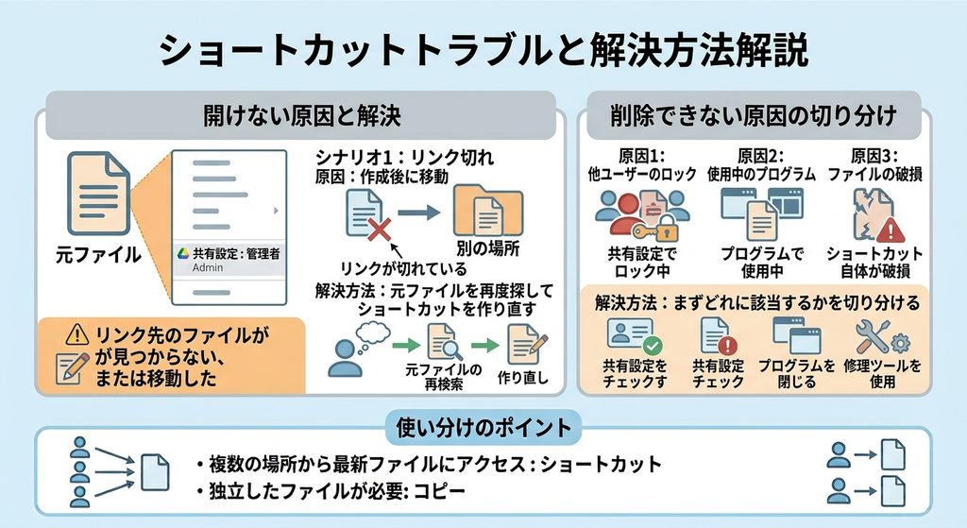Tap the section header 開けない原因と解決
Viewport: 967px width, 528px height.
click(302, 115)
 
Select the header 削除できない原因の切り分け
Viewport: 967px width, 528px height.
click(754, 115)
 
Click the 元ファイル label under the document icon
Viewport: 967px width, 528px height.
click(98, 254)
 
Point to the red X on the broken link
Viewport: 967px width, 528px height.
click(380, 230)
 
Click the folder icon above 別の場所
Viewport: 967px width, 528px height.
click(488, 211)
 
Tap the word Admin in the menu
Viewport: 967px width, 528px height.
click(208, 267)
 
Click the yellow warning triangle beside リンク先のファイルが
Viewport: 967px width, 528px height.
click(77, 335)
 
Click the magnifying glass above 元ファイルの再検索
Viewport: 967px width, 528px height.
click(453, 349)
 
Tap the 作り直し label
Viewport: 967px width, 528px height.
click(523, 377)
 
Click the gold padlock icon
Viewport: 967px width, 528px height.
click(665, 230)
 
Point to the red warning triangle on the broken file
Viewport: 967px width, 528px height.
click(890, 230)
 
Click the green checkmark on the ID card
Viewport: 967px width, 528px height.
click(652, 345)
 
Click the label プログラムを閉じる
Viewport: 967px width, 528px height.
click(797, 374)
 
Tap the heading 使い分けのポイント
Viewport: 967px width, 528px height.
click(484, 428)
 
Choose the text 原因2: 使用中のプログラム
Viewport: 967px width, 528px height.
click(761, 164)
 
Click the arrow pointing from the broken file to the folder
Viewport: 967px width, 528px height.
click(418, 213)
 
